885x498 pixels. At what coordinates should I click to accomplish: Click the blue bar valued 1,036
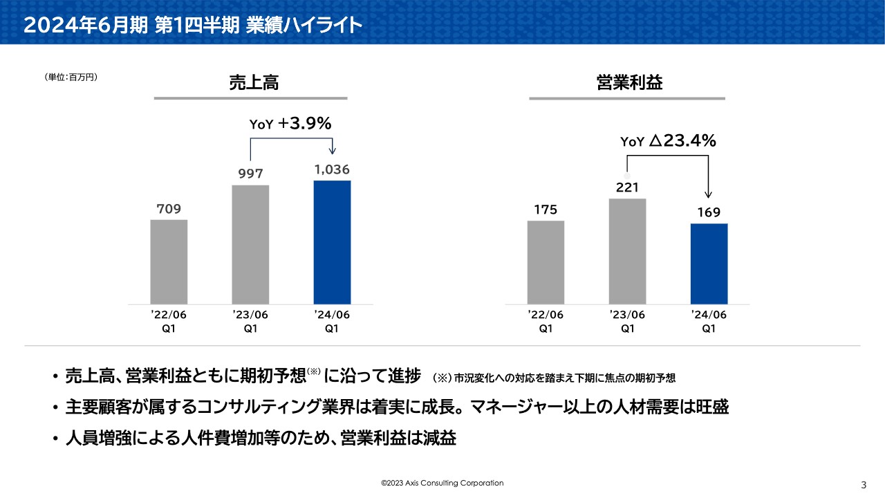pos(332,242)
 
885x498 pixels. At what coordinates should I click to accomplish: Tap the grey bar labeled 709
pos(169,261)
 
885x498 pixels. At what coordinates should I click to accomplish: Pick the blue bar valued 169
pos(709,264)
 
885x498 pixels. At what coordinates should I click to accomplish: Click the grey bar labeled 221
pos(627,251)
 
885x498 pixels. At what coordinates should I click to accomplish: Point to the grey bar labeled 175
pos(546,262)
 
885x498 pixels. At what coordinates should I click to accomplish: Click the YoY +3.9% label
pos(290,124)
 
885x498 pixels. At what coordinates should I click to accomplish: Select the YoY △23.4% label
pos(668,141)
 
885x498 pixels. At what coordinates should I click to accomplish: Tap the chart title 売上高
pos(254,83)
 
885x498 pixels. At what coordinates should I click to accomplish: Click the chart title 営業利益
pos(629,83)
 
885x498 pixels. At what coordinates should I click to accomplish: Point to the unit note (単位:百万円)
pos(71,77)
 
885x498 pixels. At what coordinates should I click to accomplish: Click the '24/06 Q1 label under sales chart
pos(332,322)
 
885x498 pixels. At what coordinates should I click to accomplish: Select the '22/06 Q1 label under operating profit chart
pos(546,322)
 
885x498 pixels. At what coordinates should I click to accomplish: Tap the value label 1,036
pos(332,169)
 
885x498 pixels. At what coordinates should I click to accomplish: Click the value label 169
pos(709,212)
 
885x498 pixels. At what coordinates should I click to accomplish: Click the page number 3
pos(864,483)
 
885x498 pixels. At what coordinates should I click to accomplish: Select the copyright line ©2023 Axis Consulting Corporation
pos(442,483)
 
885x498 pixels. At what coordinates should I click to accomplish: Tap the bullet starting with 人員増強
pos(261,439)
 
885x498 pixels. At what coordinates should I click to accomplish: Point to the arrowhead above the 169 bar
pos(709,196)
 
